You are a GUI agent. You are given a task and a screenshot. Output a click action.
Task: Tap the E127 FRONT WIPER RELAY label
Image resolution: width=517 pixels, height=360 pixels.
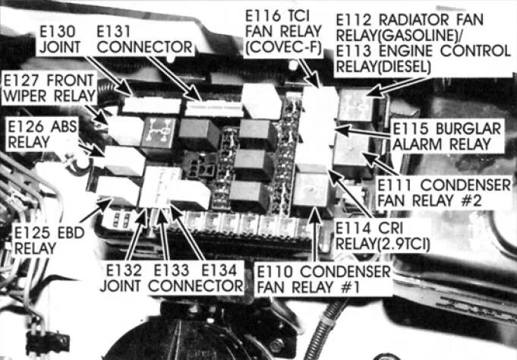pyautogui.click(x=52, y=88)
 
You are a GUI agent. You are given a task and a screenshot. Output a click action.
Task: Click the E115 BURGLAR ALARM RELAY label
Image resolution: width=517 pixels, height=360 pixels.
pyautogui.click(x=446, y=136)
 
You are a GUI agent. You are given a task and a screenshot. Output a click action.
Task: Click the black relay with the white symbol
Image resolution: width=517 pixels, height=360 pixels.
pyautogui.click(x=156, y=131)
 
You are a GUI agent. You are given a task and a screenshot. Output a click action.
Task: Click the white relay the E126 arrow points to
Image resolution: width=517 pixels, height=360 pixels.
pyautogui.click(x=123, y=160)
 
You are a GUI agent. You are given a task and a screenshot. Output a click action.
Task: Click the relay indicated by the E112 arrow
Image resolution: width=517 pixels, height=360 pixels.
pyautogui.click(x=356, y=105)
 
